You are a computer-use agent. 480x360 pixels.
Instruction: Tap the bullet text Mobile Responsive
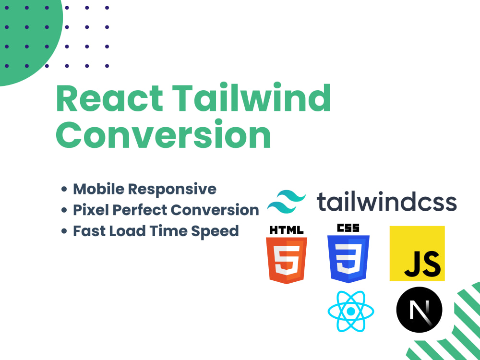point(144,189)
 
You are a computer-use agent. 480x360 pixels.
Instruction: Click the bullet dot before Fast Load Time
point(64,231)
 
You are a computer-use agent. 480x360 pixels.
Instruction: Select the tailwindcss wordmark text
point(386,202)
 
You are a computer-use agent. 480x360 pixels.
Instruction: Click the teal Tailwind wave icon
point(287,202)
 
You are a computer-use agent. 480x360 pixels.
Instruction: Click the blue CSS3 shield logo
point(348,258)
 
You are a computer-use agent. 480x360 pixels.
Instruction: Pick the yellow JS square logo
point(417,253)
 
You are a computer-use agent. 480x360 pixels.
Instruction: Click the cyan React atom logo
point(350,312)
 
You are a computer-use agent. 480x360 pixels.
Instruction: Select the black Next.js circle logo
point(419,310)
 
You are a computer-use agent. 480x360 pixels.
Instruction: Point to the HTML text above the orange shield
point(287,230)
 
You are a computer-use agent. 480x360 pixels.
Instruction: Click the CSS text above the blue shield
point(348,228)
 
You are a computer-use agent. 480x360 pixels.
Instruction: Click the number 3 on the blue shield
point(348,262)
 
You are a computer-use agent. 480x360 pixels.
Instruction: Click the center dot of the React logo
point(350,312)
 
